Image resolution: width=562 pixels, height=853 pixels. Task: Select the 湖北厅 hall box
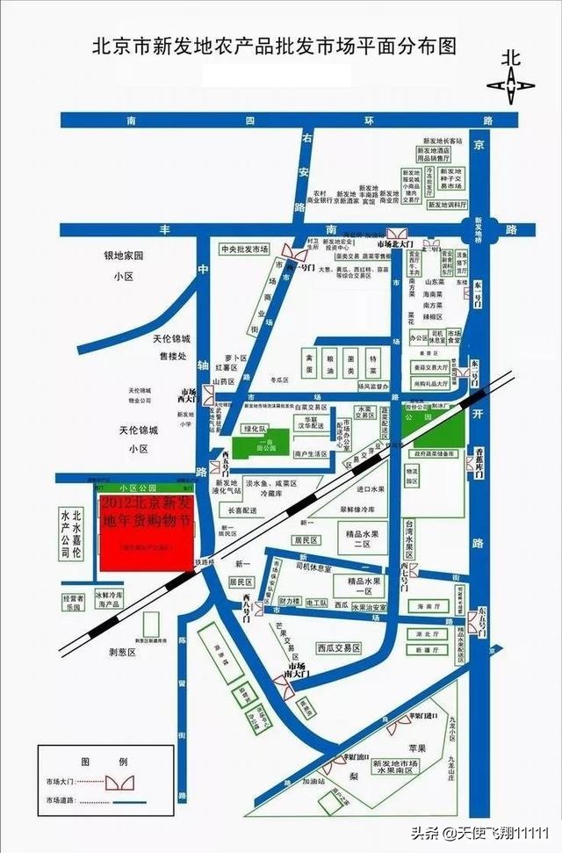pyautogui.click(x=427, y=633)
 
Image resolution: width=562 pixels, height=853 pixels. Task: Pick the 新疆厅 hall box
pyautogui.click(x=427, y=651)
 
